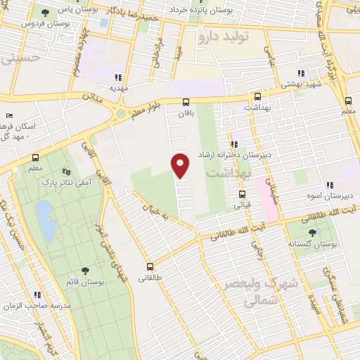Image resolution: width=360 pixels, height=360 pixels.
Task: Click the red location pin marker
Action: [x=181, y=165]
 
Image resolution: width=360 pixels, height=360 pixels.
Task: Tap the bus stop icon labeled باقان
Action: [x=186, y=102]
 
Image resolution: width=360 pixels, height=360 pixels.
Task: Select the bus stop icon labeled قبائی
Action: [x=242, y=195]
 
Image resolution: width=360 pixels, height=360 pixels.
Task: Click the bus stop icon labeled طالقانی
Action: [x=150, y=266]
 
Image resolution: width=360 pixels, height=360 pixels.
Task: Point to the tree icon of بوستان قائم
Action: [x=85, y=270]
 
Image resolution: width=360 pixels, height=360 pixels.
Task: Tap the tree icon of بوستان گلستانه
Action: [x=312, y=233]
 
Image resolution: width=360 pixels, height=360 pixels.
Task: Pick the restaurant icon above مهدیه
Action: [x=117, y=77]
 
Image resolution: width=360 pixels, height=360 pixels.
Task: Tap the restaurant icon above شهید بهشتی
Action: [x=301, y=73]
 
